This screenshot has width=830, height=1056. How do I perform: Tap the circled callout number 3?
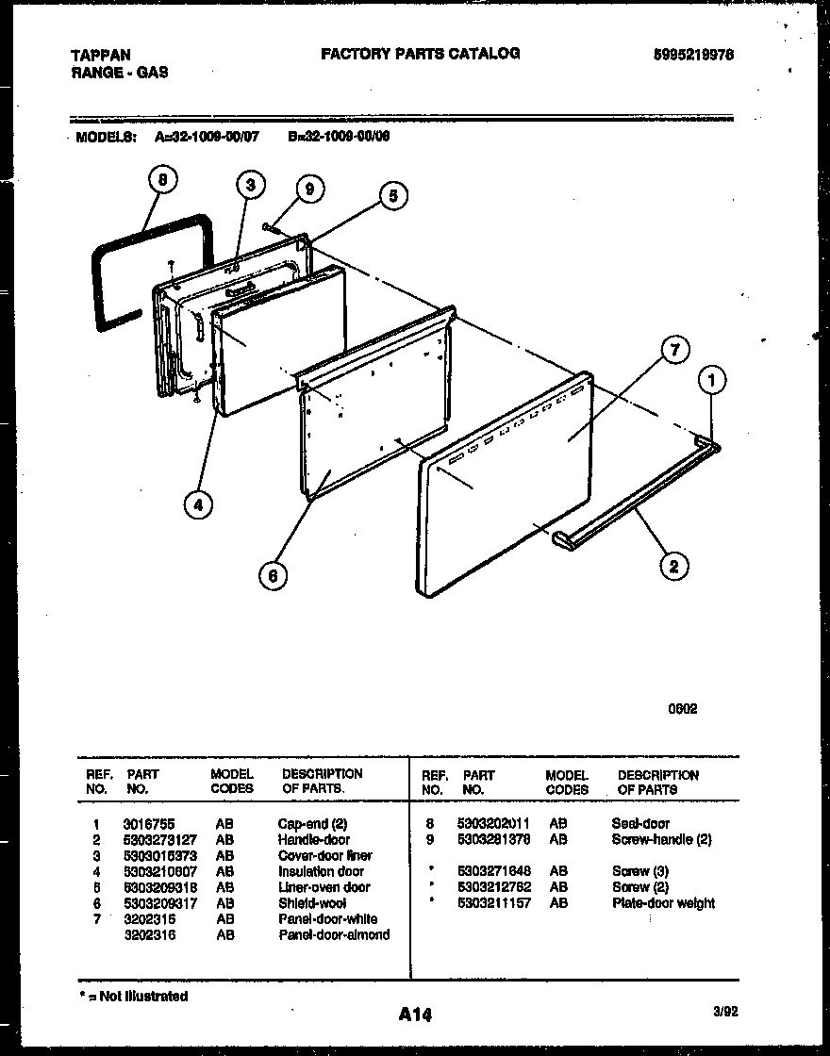tap(249, 185)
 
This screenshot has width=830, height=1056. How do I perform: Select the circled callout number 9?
tap(307, 190)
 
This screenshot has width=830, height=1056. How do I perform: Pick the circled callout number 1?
tap(714, 381)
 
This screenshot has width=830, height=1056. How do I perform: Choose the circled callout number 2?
tap(672, 566)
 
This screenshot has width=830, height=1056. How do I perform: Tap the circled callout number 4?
tap(197, 505)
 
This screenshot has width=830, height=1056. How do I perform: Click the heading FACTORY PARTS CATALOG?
tap(420, 54)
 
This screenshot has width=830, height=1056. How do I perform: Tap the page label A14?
tap(414, 1015)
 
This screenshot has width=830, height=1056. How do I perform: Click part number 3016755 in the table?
tap(148, 823)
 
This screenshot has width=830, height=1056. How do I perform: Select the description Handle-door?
tap(313, 839)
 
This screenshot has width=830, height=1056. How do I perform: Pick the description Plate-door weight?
tap(663, 903)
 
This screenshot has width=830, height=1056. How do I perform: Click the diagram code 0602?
tap(683, 709)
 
